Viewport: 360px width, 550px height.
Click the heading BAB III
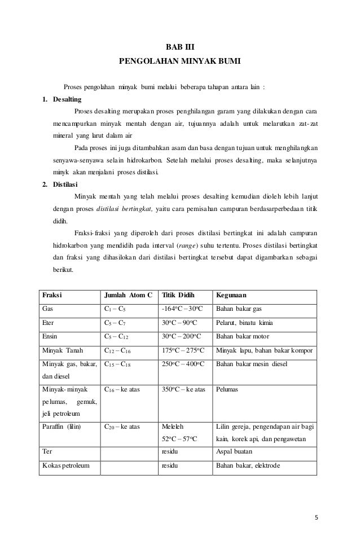click(x=179, y=49)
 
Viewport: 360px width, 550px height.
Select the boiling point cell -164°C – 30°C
click(x=183, y=309)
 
